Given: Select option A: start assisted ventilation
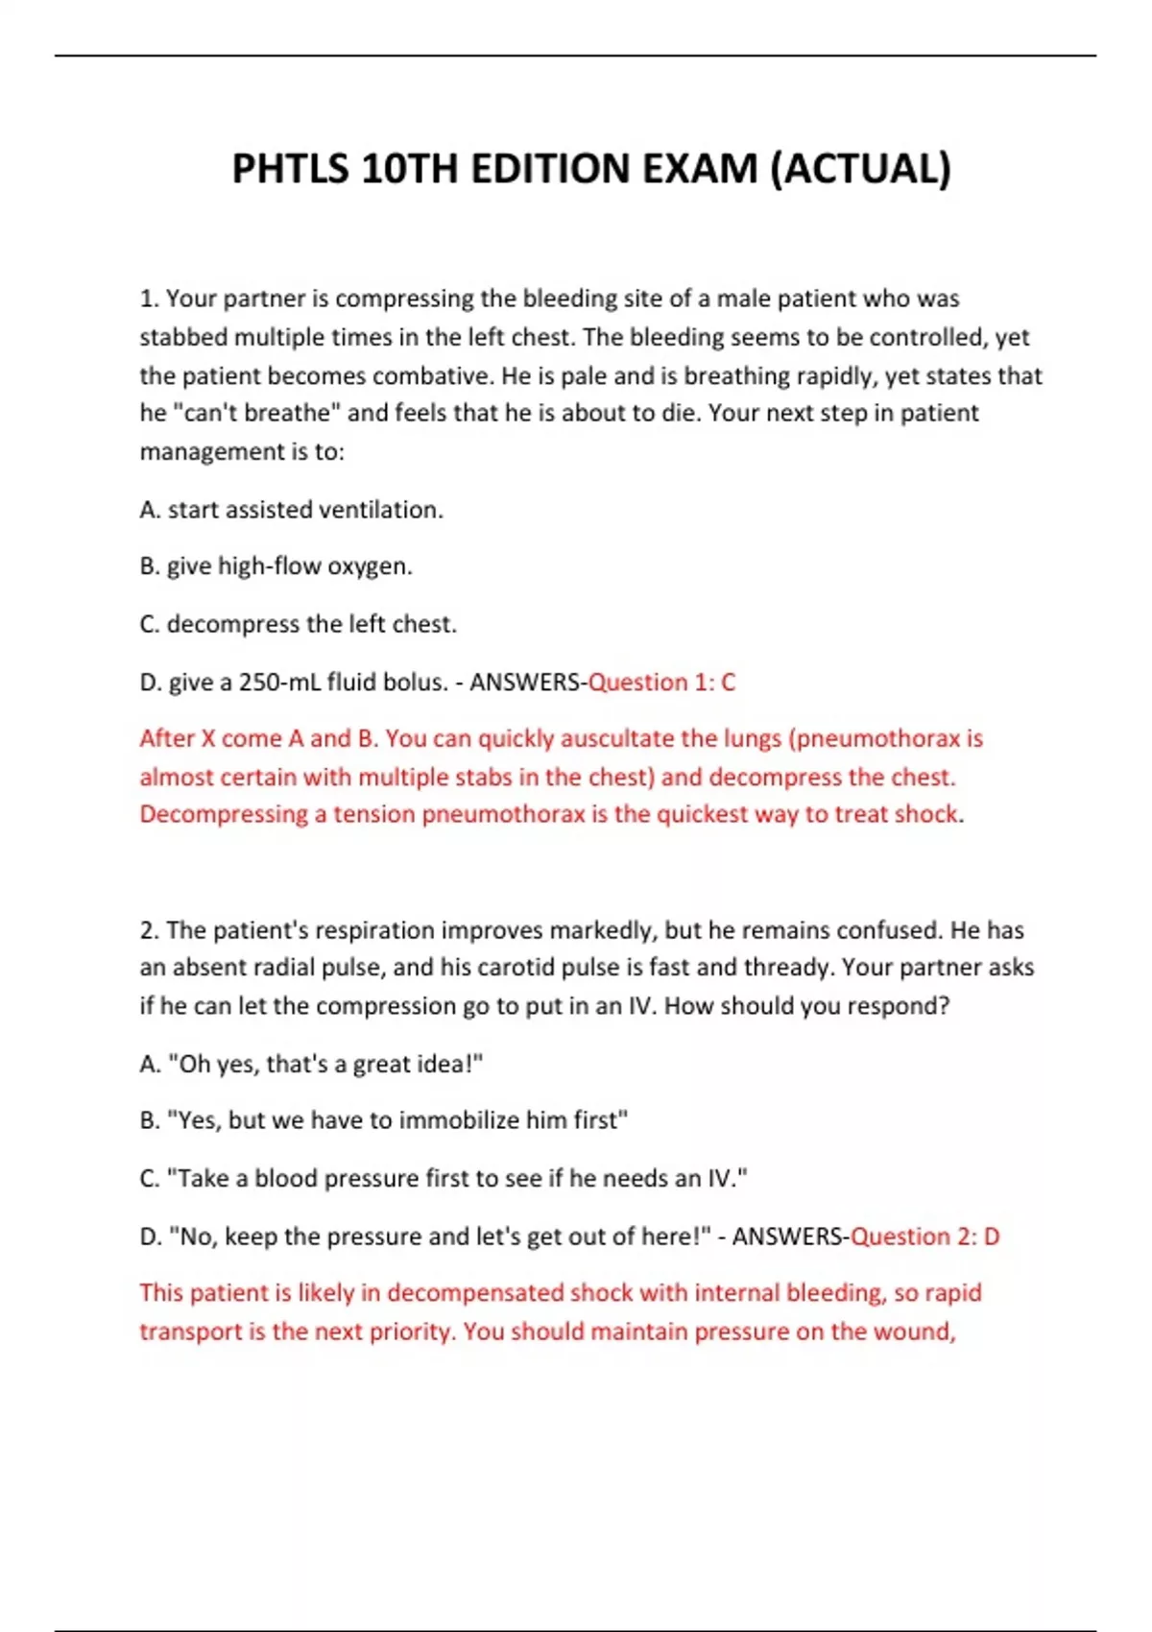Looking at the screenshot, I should point(291,510).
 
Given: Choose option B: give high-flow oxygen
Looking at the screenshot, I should point(276,566).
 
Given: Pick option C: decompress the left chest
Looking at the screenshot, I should point(298,624).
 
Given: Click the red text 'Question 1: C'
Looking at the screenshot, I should point(661,683).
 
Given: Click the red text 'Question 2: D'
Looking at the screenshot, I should point(925,1236).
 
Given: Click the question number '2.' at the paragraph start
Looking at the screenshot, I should point(149,930).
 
